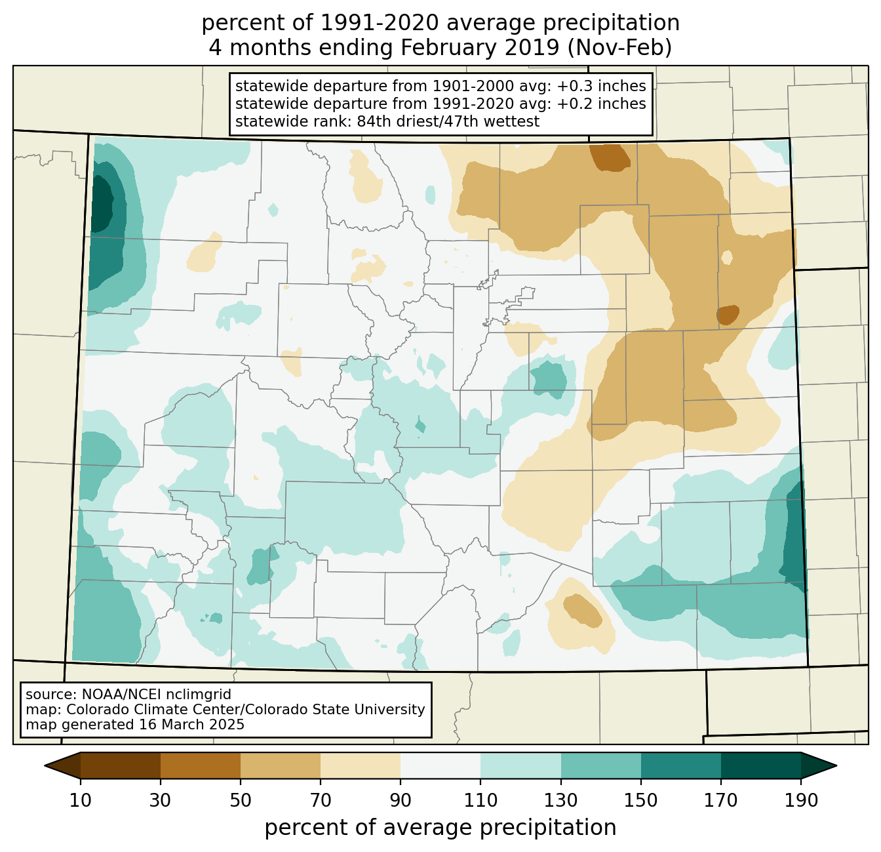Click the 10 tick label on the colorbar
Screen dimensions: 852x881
coord(81,801)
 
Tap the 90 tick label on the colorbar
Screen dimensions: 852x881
coord(401,801)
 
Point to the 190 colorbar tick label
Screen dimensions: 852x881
coord(801,801)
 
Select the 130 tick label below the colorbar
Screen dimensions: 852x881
coord(561,801)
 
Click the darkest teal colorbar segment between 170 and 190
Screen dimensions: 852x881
coord(761,765)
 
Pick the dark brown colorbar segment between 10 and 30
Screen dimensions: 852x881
coord(121,765)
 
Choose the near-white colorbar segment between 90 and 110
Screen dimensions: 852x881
coord(440,765)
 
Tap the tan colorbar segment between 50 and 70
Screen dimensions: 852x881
coord(281,765)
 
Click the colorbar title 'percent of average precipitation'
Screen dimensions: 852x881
coord(440,828)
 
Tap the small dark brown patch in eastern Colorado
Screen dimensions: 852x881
coord(728,314)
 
